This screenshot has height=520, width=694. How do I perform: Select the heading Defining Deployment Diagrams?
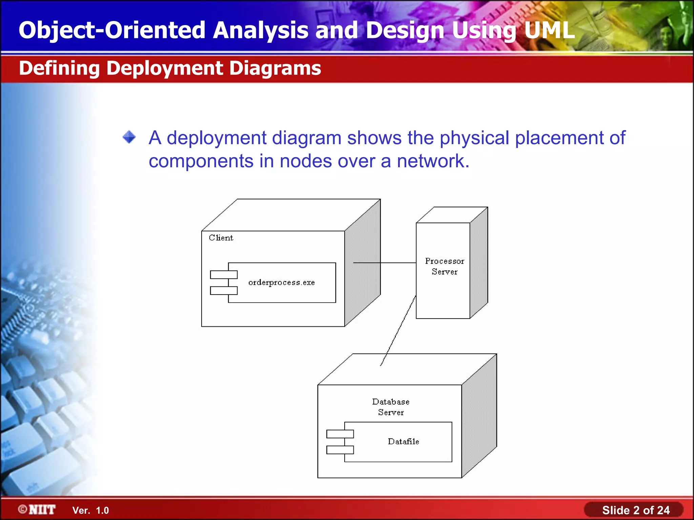click(170, 68)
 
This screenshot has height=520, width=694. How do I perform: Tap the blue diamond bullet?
click(129, 137)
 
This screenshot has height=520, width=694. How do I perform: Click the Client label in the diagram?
click(221, 238)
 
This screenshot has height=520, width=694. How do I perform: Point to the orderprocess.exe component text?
click(281, 283)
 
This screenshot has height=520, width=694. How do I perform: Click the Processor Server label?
click(444, 266)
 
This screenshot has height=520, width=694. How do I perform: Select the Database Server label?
click(391, 407)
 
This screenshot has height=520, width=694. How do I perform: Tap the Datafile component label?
click(403, 441)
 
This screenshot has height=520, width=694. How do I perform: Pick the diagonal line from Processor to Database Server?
click(398, 331)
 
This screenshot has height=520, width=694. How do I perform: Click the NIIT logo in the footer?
click(37, 510)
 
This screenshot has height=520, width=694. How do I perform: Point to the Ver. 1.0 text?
click(90, 511)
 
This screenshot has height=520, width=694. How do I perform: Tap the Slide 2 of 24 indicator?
click(635, 510)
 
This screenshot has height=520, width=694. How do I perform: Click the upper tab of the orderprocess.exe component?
click(224, 275)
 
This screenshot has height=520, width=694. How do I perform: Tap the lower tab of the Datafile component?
click(340, 450)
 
